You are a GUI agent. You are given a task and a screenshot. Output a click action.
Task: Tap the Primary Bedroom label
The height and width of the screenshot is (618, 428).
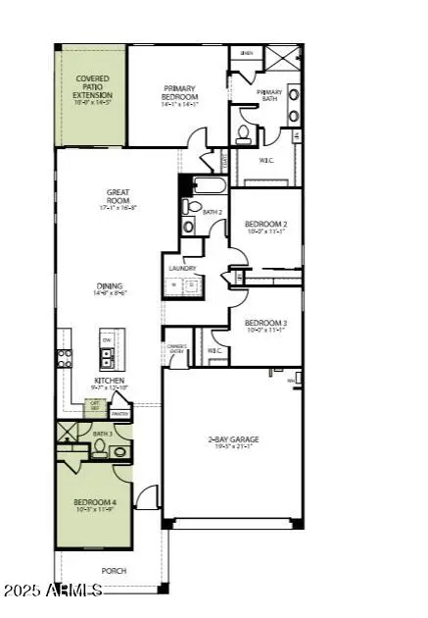click(180, 97)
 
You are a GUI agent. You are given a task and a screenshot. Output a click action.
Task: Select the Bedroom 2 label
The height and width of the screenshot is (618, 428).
click(264, 228)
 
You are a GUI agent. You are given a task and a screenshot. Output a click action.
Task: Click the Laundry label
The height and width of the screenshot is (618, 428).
click(182, 268)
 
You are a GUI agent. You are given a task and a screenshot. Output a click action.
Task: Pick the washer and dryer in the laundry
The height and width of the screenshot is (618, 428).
click(183, 287)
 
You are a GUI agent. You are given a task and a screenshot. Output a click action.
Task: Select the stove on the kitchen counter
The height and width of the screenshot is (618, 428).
click(64, 358)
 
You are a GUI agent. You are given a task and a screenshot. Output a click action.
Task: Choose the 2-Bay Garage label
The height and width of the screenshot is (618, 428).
click(230, 441)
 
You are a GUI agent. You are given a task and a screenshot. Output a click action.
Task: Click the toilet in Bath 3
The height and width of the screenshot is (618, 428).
click(98, 450)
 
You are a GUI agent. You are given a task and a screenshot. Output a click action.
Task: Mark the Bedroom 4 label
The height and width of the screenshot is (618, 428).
click(94, 506)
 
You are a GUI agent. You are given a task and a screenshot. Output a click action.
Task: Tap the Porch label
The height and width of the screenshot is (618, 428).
click(114, 569)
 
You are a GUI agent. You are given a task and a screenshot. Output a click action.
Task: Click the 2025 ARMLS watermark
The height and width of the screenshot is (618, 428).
click(52, 590)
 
